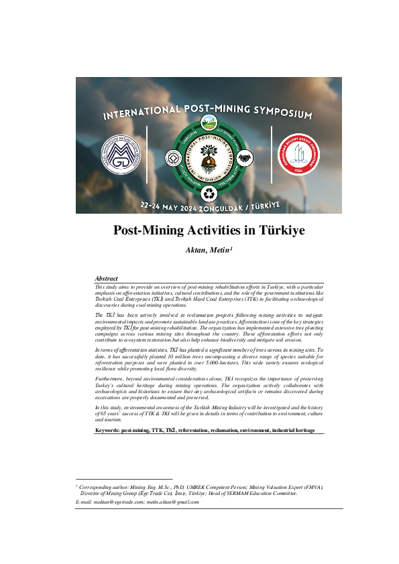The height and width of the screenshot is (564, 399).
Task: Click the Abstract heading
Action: [107, 279]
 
